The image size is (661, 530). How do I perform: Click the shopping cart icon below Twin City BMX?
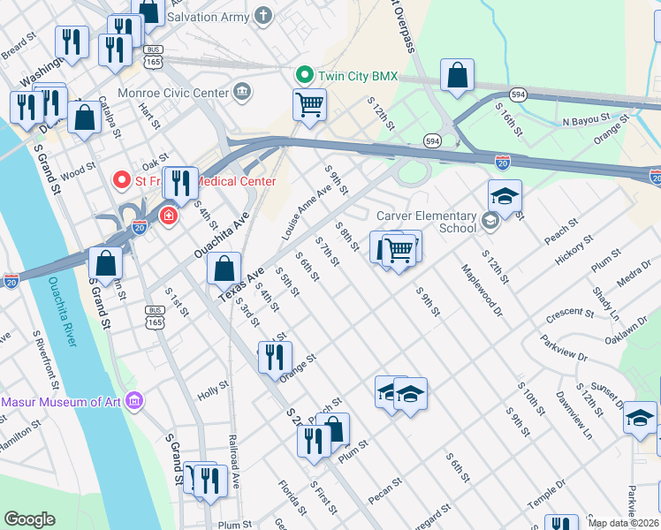[x=309, y=104]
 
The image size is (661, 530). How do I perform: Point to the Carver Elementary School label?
[x=426, y=222]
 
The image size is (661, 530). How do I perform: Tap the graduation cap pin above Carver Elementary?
[x=505, y=195]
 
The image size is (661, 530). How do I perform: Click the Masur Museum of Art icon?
[x=134, y=402]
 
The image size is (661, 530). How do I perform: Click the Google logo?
[x=29, y=519]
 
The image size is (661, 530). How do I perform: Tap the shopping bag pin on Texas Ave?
[x=225, y=268]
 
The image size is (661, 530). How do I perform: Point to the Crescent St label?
[x=569, y=313]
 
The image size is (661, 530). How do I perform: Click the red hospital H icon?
[x=168, y=214]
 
